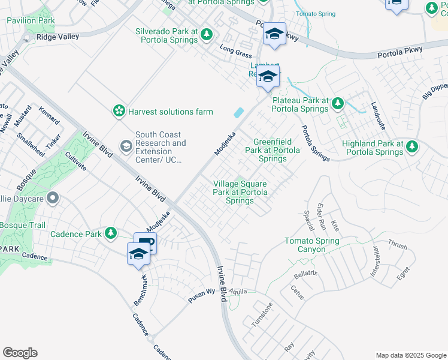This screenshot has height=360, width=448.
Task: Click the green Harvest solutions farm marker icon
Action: [x=119, y=111]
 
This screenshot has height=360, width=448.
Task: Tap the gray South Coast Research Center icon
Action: [x=126, y=146]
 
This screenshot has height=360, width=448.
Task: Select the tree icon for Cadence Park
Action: [x=110, y=233]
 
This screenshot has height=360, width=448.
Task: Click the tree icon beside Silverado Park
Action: [x=207, y=35]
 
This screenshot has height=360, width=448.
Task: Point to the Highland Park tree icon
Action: [x=411, y=146]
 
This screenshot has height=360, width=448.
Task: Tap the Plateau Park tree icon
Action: [x=337, y=103]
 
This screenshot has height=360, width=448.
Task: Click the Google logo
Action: [x=20, y=352]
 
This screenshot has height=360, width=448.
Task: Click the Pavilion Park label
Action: [x=31, y=20]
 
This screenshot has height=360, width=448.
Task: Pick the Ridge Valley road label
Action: [x=57, y=37]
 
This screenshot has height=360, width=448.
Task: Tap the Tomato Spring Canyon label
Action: [x=311, y=245]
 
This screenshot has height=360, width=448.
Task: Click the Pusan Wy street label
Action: [x=202, y=292]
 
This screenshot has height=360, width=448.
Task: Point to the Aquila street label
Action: [x=238, y=289]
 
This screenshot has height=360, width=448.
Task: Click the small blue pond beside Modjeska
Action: [x=238, y=112]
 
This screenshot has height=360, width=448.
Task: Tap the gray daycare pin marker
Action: [x=53, y=197]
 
